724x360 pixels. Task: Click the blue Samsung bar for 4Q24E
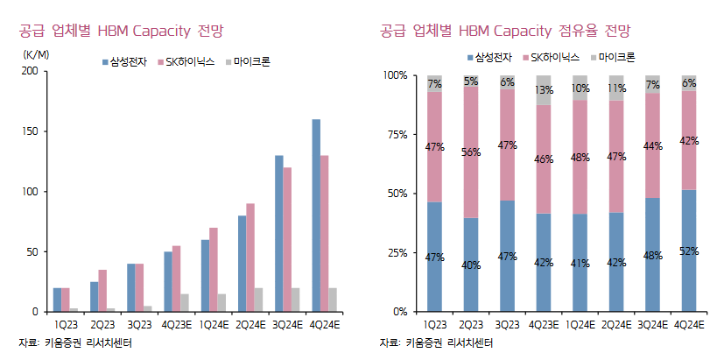click(316, 215)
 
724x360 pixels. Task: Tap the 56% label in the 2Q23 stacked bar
click(471, 152)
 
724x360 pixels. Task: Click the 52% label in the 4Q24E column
click(689, 251)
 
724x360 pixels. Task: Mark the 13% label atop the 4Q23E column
click(544, 90)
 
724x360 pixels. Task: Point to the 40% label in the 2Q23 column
click(471, 265)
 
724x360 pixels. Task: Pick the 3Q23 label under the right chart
click(507, 322)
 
